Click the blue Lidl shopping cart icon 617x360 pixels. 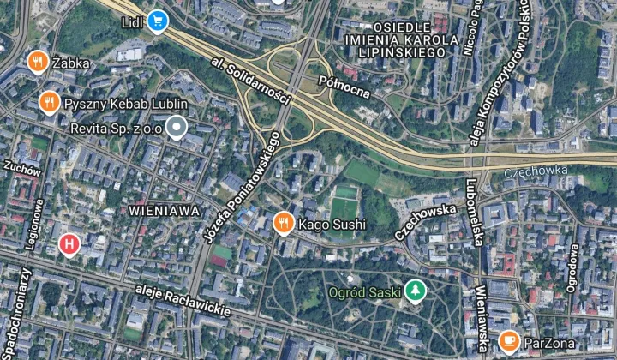pos(156,21)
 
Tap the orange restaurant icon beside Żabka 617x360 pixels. pos(36,62)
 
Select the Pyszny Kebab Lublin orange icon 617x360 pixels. pos(49,103)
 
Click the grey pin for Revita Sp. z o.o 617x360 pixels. pos(177,129)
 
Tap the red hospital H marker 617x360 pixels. pos(69,246)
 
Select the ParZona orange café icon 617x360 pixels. pos(509,342)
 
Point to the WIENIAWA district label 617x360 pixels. pos(165,209)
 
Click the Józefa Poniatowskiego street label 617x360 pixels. pos(244,186)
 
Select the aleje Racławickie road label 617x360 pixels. pos(183,302)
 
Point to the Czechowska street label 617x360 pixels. pos(426,219)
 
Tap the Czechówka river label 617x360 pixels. pos(536,171)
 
